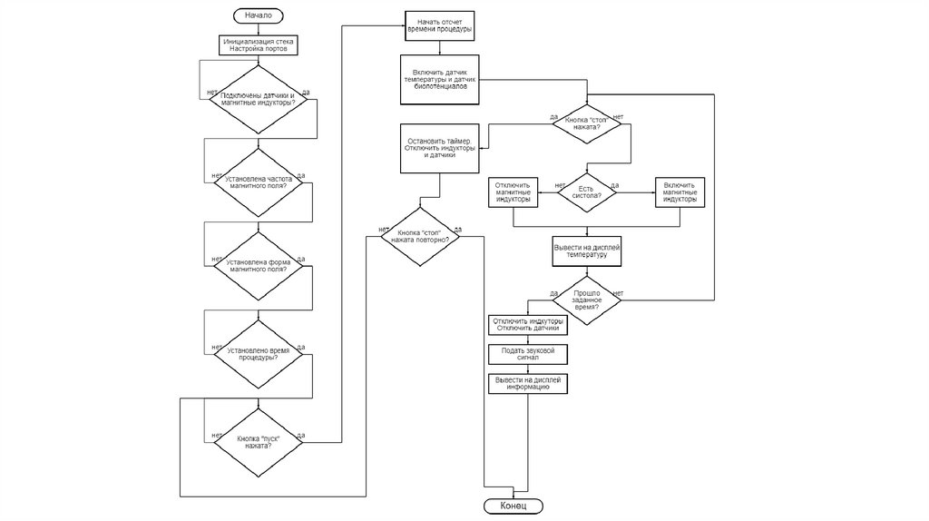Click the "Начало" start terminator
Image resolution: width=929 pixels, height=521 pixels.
click(x=259, y=15)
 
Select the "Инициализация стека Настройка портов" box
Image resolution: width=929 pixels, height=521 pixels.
click(x=259, y=44)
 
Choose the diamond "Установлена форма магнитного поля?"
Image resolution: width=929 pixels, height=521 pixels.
click(x=259, y=266)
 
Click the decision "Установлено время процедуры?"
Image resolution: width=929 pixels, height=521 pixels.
click(x=259, y=353)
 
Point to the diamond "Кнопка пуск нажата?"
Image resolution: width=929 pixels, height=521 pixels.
click(x=259, y=442)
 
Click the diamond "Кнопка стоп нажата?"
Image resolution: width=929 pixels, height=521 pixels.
click(x=586, y=123)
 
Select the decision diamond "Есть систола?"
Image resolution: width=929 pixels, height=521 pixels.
click(x=586, y=192)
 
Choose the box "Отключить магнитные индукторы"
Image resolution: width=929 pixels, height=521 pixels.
click(x=513, y=192)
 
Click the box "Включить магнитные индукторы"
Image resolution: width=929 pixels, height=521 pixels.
click(x=680, y=192)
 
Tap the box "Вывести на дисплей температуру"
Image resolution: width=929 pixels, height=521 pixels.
click(x=586, y=251)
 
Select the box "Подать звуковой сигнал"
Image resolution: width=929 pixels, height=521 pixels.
click(x=527, y=353)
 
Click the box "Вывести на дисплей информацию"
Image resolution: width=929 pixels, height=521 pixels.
click(x=527, y=383)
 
